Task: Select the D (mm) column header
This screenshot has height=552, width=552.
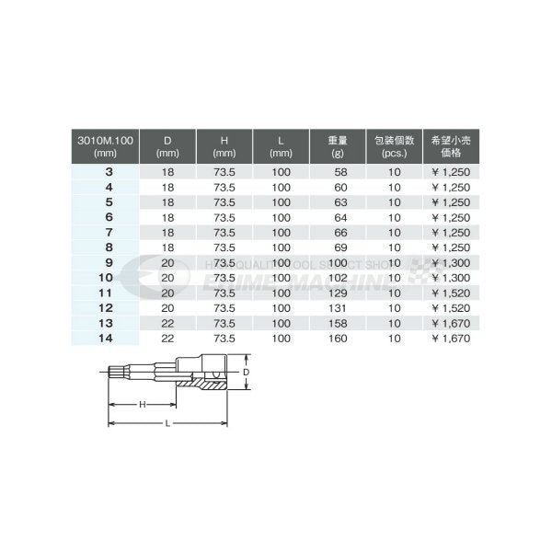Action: [x=167, y=145]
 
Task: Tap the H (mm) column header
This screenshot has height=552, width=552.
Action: [x=224, y=145]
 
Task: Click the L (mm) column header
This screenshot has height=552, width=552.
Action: [x=281, y=145]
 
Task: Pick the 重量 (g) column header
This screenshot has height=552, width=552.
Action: [x=338, y=145]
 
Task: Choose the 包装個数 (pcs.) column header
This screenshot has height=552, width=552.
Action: [x=394, y=145]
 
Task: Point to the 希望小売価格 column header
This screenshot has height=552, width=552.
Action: [x=451, y=145]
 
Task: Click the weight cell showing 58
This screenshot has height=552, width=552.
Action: [x=338, y=172]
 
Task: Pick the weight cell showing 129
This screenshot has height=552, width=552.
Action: [x=338, y=294]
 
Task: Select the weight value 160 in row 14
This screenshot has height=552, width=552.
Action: [x=338, y=340]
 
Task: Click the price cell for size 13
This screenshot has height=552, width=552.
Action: [x=451, y=325]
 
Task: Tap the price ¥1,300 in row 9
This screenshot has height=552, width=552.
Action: [x=451, y=264]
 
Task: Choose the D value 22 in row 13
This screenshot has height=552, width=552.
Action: [x=167, y=325]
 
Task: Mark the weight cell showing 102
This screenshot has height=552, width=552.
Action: [x=338, y=279]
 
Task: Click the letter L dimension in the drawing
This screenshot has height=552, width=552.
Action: [x=167, y=422]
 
